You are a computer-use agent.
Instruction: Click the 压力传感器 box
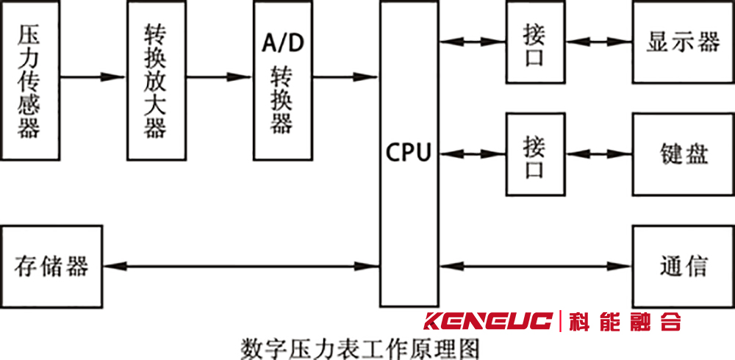tap(30, 81)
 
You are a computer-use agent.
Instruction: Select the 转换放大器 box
tap(156, 81)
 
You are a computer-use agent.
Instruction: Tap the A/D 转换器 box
tap(282, 81)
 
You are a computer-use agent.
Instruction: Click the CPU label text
tap(409, 154)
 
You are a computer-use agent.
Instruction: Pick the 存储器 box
tap(51, 266)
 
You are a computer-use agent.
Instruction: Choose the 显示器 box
tap(683, 42)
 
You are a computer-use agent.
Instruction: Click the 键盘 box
tap(683, 154)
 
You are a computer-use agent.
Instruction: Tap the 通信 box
tap(683, 266)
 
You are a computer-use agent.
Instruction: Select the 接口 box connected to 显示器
tap(535, 42)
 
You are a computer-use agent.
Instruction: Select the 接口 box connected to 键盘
tap(535, 154)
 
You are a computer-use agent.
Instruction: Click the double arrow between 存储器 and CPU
tap(240, 265)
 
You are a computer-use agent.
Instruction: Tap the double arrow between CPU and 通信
tap(536, 265)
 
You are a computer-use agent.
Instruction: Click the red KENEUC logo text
tap(488, 322)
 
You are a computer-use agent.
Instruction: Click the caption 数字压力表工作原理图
tap(361, 346)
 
